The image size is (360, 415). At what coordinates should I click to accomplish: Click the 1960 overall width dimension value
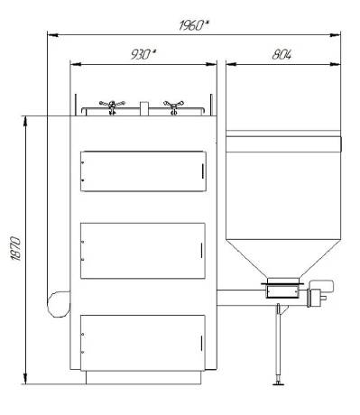[194, 25]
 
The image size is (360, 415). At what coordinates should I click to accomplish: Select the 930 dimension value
[143, 54]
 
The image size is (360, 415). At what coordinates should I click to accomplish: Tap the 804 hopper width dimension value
[282, 54]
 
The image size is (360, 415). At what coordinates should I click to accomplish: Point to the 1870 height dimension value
[16, 249]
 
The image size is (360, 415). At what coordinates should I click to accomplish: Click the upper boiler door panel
[143, 171]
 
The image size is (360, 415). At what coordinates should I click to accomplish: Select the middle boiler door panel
[143, 251]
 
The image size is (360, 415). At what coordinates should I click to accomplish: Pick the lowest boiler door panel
[143, 343]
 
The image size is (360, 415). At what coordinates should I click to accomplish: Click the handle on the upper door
[203, 171]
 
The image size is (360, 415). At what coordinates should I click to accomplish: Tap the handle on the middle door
[201, 251]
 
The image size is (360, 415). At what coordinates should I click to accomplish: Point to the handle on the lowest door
[201, 343]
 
